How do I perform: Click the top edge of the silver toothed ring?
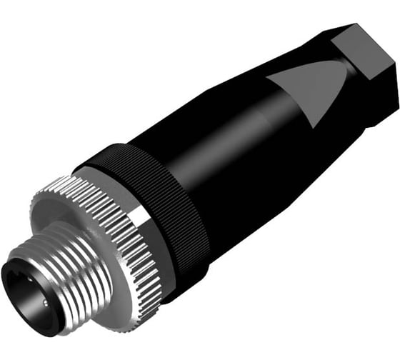coord(71,182)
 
